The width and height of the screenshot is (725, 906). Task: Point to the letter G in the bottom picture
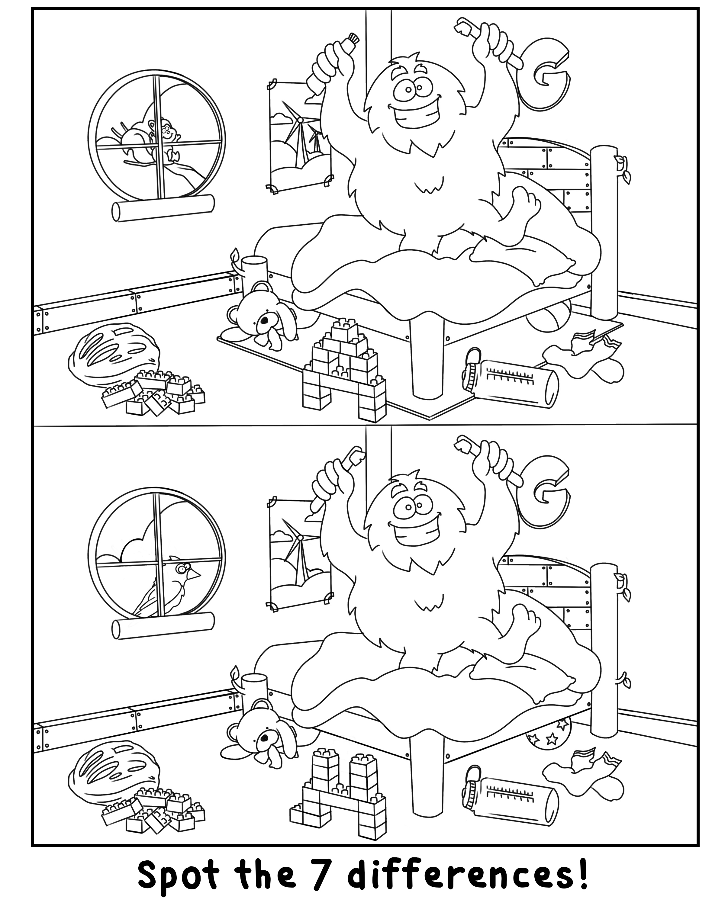[x=546, y=492]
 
